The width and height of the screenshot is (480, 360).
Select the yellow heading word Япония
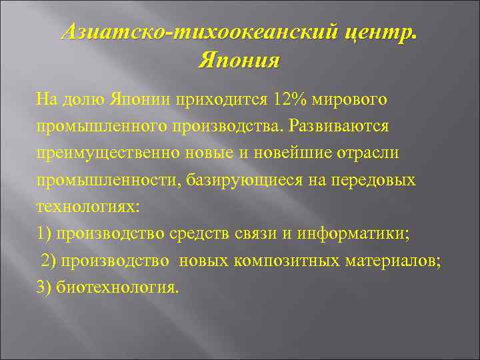[x=239, y=61]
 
